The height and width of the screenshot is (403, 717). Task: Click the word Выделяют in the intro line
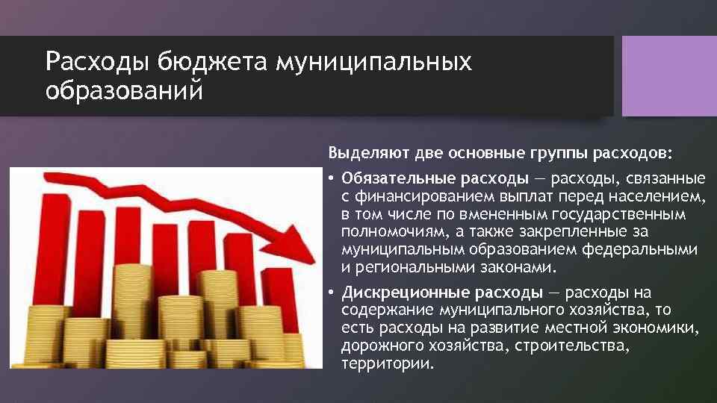(363, 154)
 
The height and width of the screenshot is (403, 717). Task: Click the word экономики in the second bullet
(662, 328)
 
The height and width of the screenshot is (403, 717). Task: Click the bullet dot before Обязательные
(330, 180)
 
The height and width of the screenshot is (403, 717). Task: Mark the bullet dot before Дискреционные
(330, 293)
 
